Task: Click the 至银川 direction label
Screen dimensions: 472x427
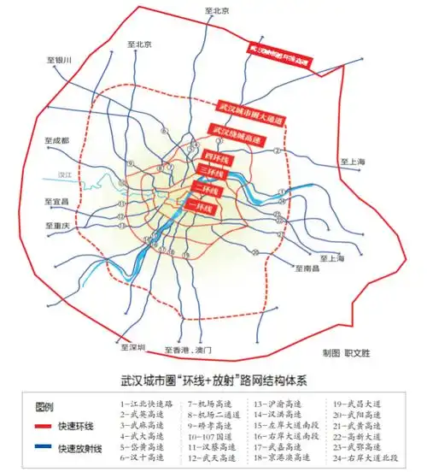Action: tap(61, 60)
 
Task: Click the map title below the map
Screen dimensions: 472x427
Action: tap(213, 376)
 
